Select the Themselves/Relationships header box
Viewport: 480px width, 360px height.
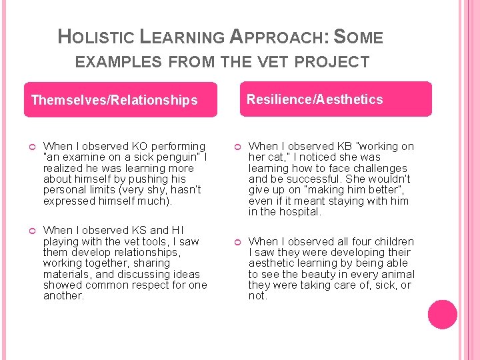point(121,100)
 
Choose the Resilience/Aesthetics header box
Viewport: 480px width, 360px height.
point(335,99)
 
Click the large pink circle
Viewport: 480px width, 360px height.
point(443,315)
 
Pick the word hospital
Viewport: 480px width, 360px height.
point(299,212)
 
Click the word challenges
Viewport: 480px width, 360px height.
point(379,168)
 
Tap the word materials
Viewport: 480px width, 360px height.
point(65,274)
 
